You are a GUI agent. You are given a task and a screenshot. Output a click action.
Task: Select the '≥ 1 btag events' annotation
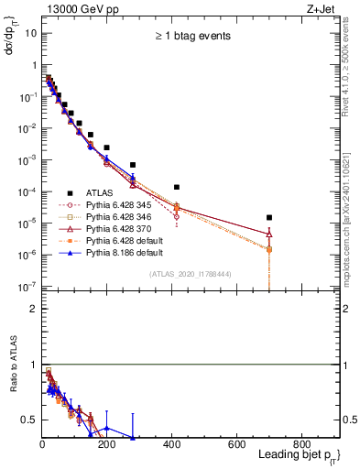[x=192, y=37]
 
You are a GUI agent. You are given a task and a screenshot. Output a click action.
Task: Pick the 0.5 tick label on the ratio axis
[x=29, y=420]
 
